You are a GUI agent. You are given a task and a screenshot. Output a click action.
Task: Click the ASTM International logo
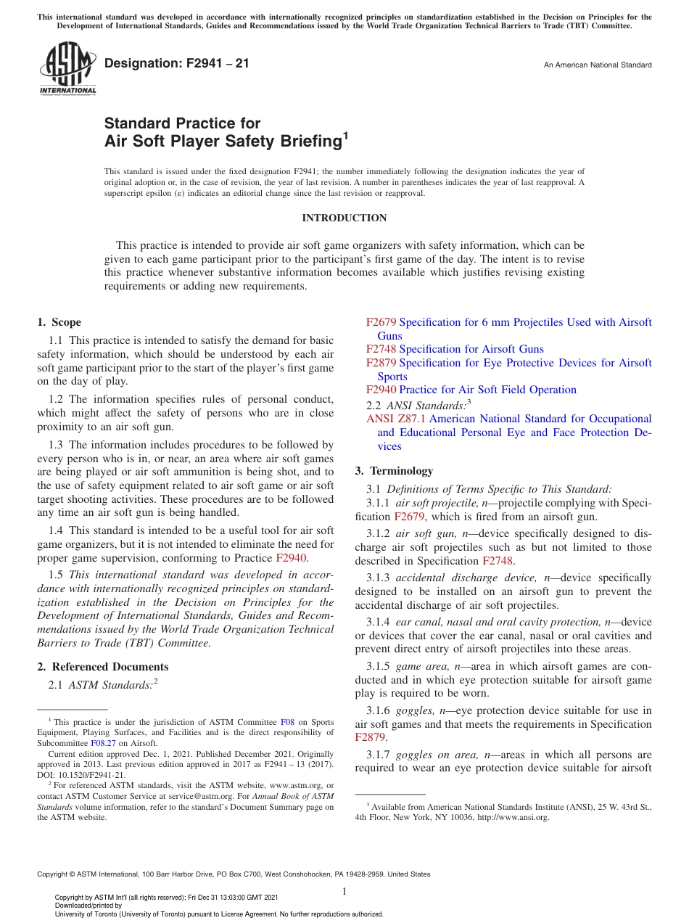tap(67, 69)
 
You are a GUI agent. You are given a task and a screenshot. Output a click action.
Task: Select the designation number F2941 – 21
tap(177, 64)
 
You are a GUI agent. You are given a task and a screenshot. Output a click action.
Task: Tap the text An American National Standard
tap(597, 65)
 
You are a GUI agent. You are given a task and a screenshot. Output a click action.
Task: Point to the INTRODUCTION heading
tap(344, 218)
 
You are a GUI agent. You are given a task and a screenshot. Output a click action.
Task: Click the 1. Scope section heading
tap(59, 322)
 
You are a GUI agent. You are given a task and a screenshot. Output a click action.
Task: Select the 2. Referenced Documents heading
tap(102, 667)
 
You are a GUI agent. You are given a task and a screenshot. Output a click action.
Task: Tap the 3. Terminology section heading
tap(394, 471)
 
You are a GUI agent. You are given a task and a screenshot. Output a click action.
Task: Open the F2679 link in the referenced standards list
tap(381, 322)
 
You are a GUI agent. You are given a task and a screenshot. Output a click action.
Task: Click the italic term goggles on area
tap(439, 755)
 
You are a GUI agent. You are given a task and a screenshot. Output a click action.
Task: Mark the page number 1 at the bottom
tap(344, 892)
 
